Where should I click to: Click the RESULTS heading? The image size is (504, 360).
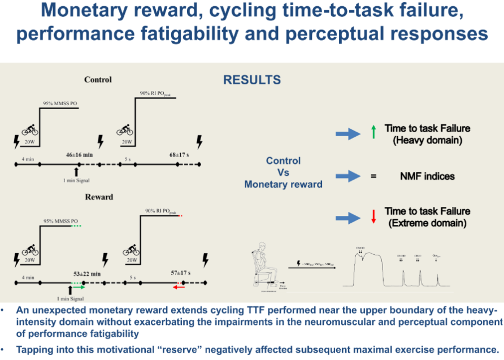(x=252, y=80)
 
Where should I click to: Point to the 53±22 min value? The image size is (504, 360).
(x=86, y=273)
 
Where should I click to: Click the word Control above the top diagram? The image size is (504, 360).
(x=98, y=80)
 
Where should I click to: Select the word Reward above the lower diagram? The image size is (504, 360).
(x=98, y=197)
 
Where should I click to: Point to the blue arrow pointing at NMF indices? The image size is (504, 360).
(x=347, y=177)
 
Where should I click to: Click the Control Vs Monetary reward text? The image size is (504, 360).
(x=283, y=172)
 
